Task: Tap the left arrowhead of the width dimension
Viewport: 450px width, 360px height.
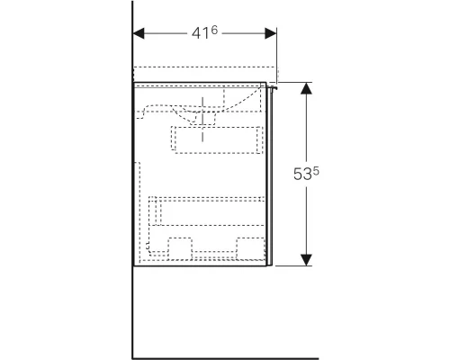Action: pyautogui.click(x=139, y=32)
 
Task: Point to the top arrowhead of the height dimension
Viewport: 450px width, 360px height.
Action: pyautogui.click(x=307, y=88)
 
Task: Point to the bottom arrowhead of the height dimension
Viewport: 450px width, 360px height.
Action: pyautogui.click(x=307, y=261)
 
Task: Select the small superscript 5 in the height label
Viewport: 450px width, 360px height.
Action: pyautogui.click(x=318, y=167)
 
